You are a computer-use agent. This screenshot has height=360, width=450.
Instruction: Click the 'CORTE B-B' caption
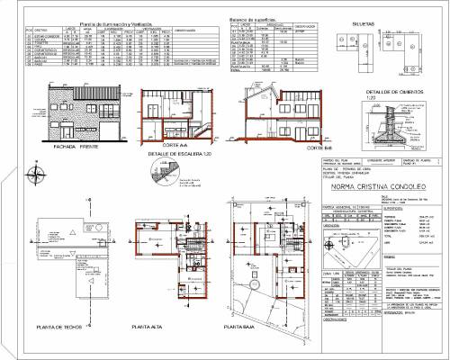280,146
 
